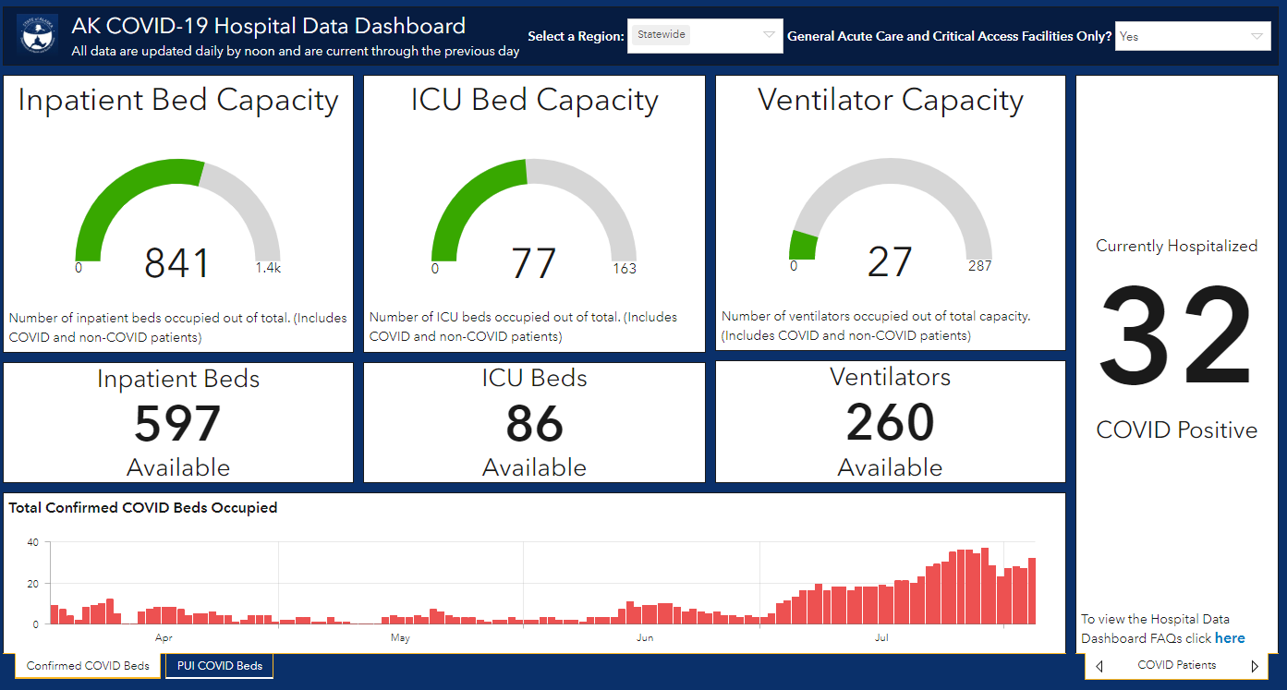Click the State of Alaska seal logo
pos(37,34)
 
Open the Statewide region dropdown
pos(705,36)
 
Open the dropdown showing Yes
pos(1193,36)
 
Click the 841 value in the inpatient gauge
pos(176,263)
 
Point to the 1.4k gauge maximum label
pos(268,268)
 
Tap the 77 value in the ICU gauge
pos(534,263)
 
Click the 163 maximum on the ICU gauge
pos(625,268)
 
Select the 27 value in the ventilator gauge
pos(890,262)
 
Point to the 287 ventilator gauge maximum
pos(979,266)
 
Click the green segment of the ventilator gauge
pos(803,246)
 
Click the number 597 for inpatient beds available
pos(177,424)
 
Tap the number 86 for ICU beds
pos(534,424)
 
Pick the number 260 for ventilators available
pos(890,422)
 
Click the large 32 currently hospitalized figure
pos(1175,336)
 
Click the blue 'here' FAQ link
pos(1230,638)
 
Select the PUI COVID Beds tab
pos(220,666)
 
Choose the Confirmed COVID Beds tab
pos(88,666)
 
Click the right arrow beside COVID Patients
pos(1255,666)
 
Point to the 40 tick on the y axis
pos(32,542)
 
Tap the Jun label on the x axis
pos(645,637)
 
